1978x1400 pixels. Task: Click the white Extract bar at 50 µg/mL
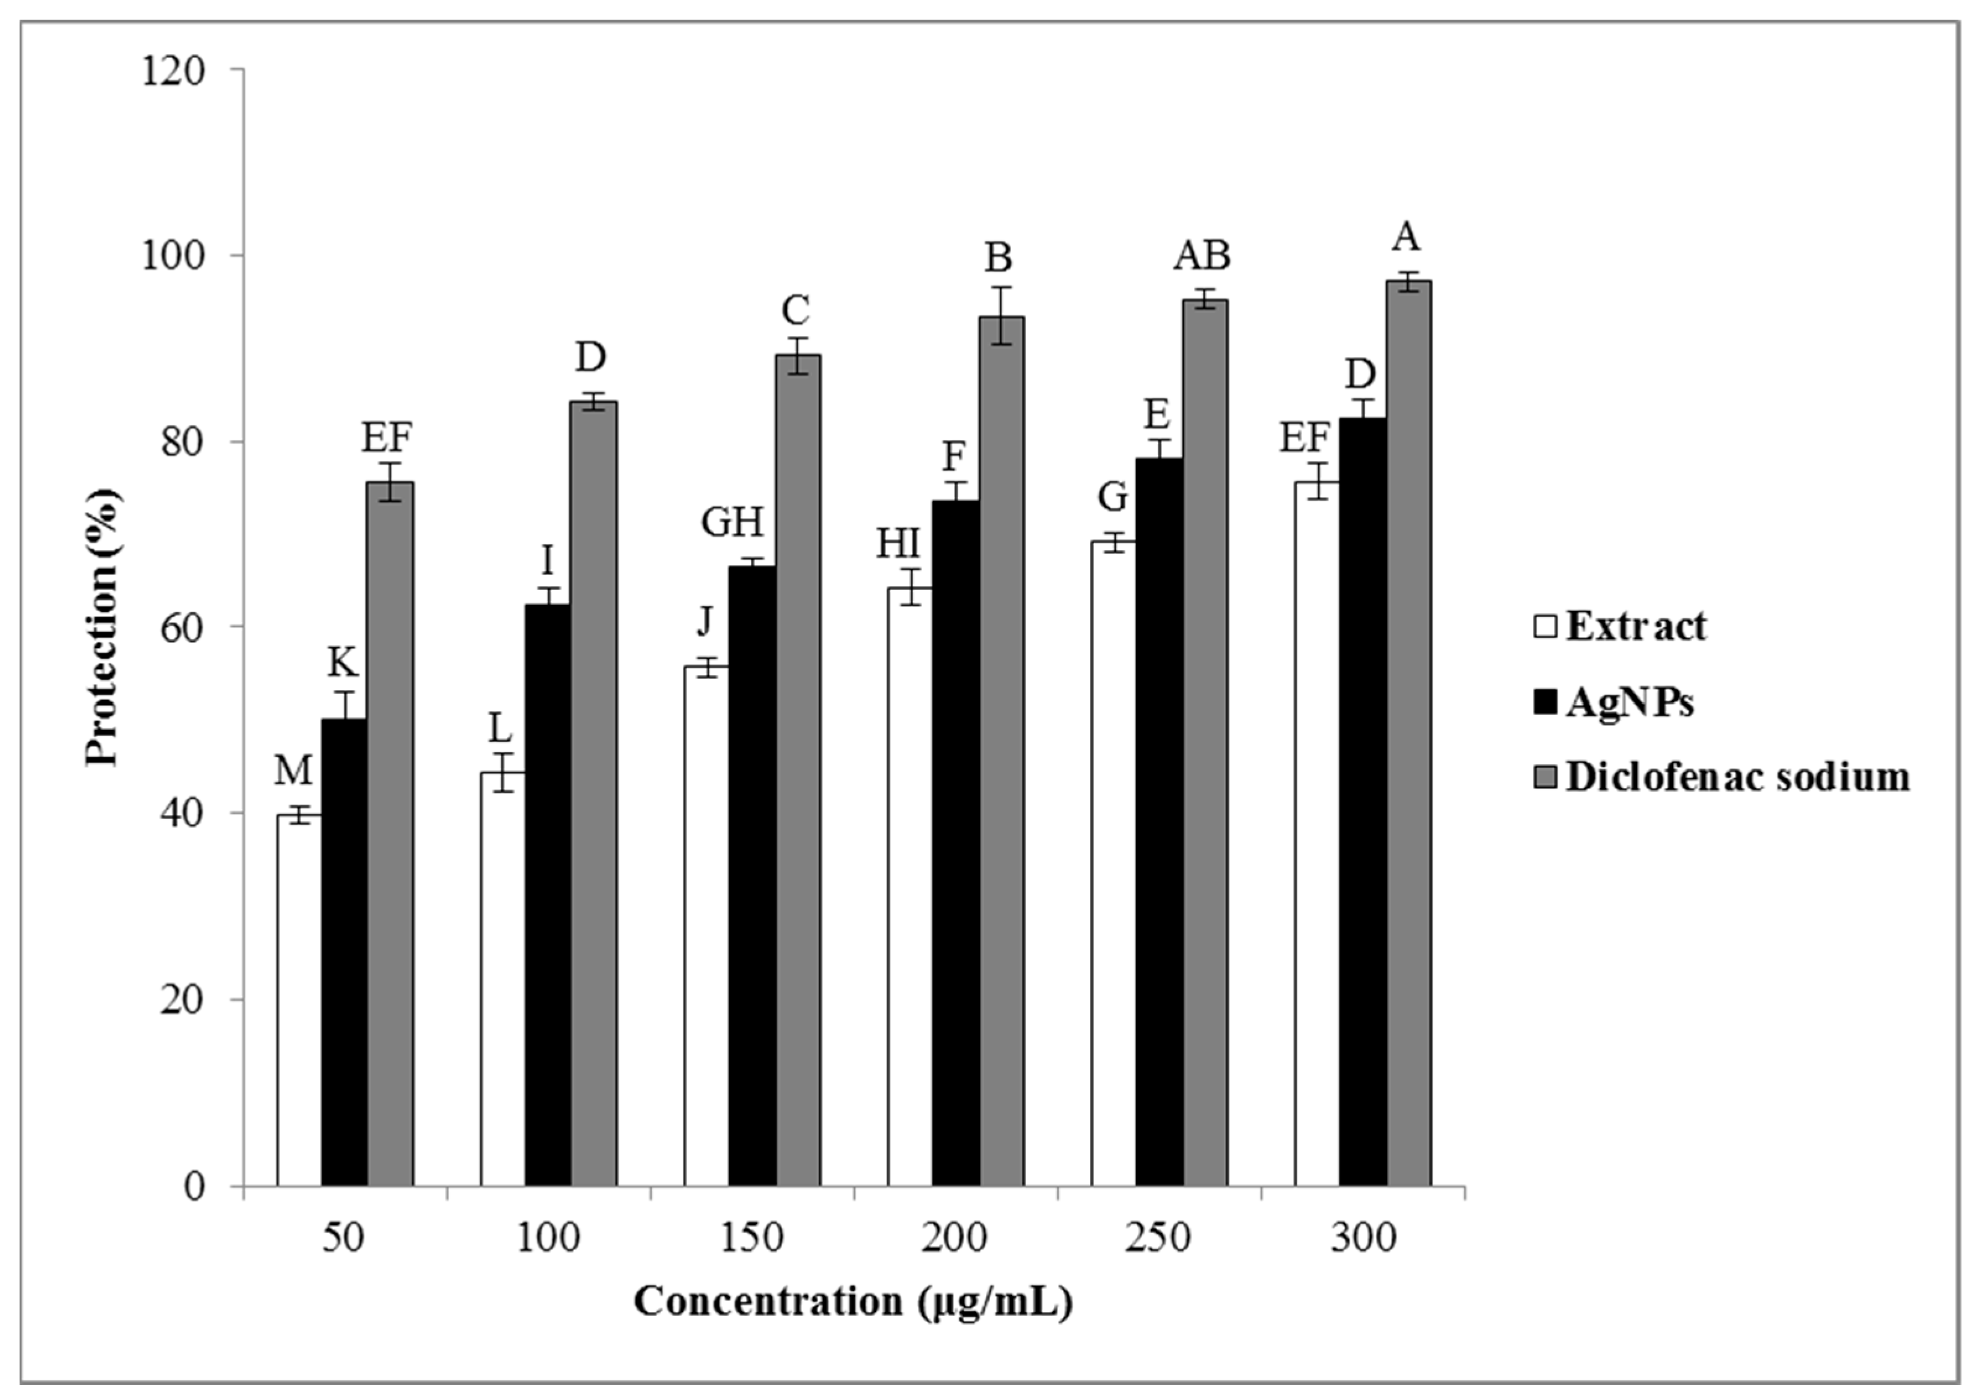pyautogui.click(x=299, y=1000)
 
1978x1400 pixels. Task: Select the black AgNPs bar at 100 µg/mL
pyautogui.click(x=548, y=897)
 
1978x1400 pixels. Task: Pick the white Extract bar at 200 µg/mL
pyautogui.click(x=910, y=888)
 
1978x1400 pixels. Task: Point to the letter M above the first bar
pyautogui.click(x=293, y=771)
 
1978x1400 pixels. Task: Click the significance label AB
pyautogui.click(x=1202, y=256)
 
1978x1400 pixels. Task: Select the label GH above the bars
pyautogui.click(x=732, y=522)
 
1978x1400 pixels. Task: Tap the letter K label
pyautogui.click(x=342, y=663)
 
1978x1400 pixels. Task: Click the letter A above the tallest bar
pyautogui.click(x=1406, y=237)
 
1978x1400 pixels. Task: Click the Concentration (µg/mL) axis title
pyautogui.click(x=853, y=1302)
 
